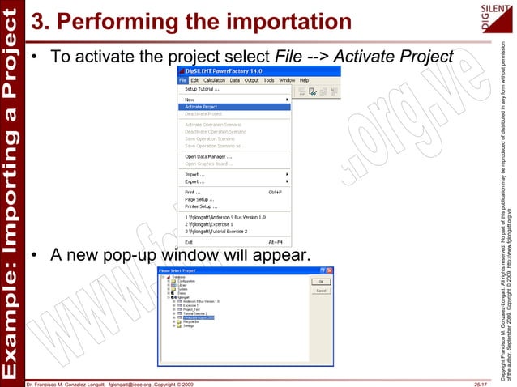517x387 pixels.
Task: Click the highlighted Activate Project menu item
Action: coord(201,106)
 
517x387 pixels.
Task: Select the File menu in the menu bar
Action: coord(183,80)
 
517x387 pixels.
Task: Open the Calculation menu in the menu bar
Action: coord(214,80)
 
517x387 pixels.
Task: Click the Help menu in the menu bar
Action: coord(305,80)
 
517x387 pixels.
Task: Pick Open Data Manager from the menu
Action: coord(208,156)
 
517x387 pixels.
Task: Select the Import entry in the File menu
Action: coord(194,173)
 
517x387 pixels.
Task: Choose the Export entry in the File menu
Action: coord(194,181)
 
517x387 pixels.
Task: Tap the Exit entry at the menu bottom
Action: coord(189,241)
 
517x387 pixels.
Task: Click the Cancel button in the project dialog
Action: coord(321,291)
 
